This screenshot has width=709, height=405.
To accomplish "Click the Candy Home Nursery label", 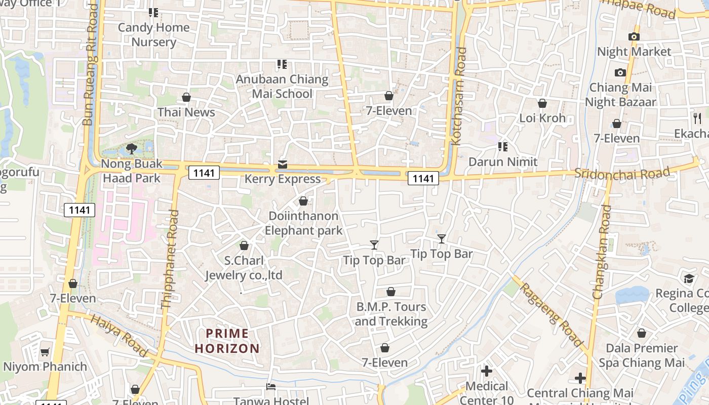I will point(153,34).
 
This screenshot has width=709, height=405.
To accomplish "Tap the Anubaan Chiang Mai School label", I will point(282,87).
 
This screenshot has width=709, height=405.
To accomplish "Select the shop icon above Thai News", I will point(186,97).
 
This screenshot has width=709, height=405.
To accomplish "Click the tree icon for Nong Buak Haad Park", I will point(132,148).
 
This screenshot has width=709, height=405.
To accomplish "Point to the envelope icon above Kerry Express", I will point(283,165).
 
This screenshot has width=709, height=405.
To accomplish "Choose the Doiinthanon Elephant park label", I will point(303,223).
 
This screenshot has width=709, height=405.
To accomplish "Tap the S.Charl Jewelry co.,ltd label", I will point(244,268).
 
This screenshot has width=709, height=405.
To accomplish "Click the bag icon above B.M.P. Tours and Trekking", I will point(391,292).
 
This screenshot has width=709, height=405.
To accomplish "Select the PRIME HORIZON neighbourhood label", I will point(227,341).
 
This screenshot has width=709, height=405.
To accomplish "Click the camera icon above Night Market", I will point(634,36).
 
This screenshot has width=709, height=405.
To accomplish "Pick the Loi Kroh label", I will point(542,118).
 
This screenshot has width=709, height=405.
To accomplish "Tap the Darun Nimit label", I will point(503,162).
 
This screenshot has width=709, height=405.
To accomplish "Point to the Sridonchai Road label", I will point(622,173).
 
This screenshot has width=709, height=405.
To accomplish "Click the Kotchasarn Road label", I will point(460,96).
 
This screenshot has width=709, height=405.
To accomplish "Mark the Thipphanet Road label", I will point(170,259).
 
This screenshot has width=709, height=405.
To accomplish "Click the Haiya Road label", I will point(120,335).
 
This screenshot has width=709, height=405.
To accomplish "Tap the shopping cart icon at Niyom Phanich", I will point(45,352).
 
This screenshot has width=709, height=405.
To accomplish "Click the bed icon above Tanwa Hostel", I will point(271,387).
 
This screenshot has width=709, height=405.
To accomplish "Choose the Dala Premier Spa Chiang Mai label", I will point(642,355).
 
